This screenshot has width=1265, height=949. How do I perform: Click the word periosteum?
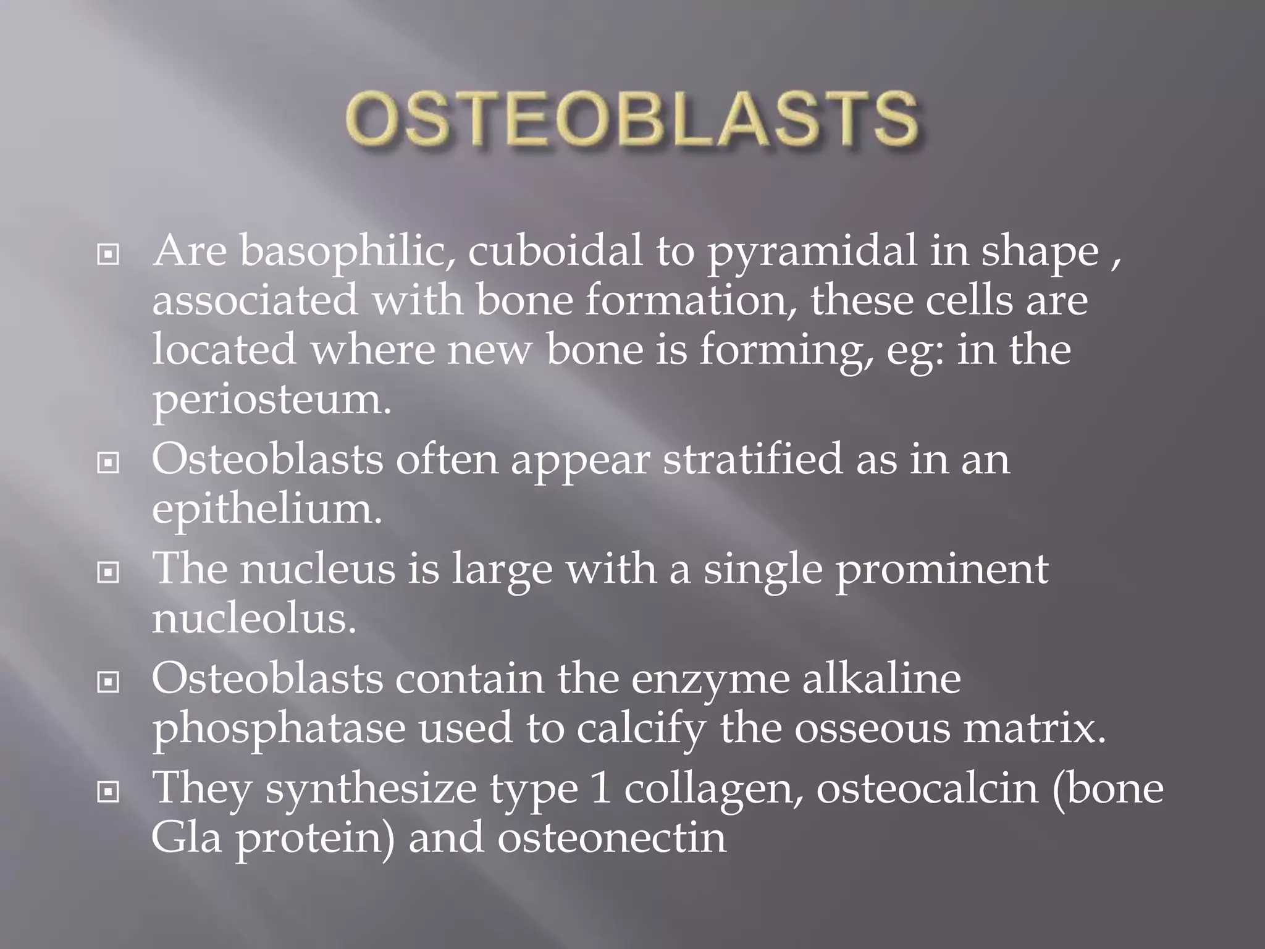click(272, 400)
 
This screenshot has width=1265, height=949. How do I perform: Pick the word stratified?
click(752, 460)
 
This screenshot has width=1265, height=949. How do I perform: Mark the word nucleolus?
click(254, 619)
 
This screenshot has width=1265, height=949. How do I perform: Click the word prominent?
click(941, 570)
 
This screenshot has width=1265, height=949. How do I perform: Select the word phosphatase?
click(279, 729)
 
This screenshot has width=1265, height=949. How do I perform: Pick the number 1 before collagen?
click(600, 789)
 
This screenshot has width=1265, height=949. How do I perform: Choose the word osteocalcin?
click(927, 789)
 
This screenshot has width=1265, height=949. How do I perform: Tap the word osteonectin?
click(611, 839)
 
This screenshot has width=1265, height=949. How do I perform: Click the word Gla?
click(186, 839)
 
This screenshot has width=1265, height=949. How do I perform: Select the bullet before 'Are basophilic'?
click(109, 254)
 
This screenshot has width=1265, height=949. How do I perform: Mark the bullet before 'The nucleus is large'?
click(109, 573)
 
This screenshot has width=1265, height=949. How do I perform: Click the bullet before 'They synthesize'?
click(109, 791)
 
